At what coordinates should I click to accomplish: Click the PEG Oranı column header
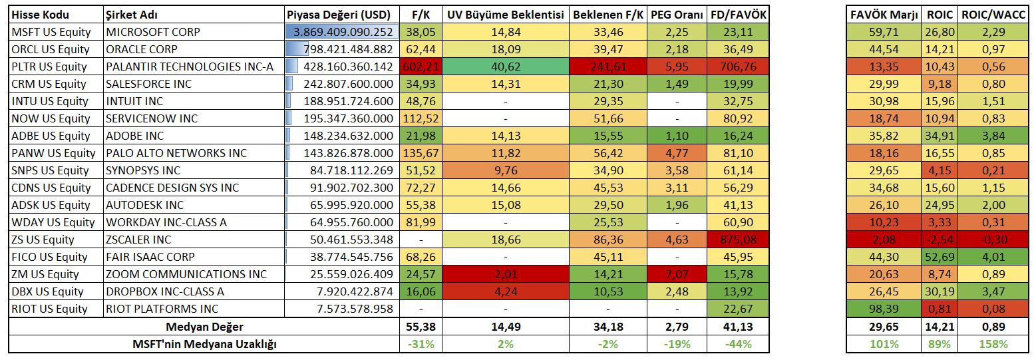click(x=677, y=15)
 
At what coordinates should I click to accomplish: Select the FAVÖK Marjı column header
click(x=884, y=15)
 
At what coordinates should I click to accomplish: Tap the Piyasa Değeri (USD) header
click(x=341, y=15)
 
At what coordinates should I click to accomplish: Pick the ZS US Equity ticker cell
click(x=43, y=240)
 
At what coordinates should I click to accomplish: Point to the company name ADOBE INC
click(x=135, y=136)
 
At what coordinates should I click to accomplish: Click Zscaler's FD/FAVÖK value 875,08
click(x=739, y=240)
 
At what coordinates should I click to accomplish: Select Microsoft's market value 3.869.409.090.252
click(x=343, y=32)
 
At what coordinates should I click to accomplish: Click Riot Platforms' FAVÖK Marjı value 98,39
click(x=884, y=309)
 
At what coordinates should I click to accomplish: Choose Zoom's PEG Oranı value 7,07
click(x=677, y=274)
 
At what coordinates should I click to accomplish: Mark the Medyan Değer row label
click(x=204, y=327)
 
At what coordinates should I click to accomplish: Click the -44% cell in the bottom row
click(x=739, y=344)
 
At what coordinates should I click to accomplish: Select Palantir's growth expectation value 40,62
click(x=505, y=67)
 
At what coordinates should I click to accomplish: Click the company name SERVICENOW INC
click(x=152, y=118)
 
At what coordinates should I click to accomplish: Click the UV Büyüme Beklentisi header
click(x=505, y=15)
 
